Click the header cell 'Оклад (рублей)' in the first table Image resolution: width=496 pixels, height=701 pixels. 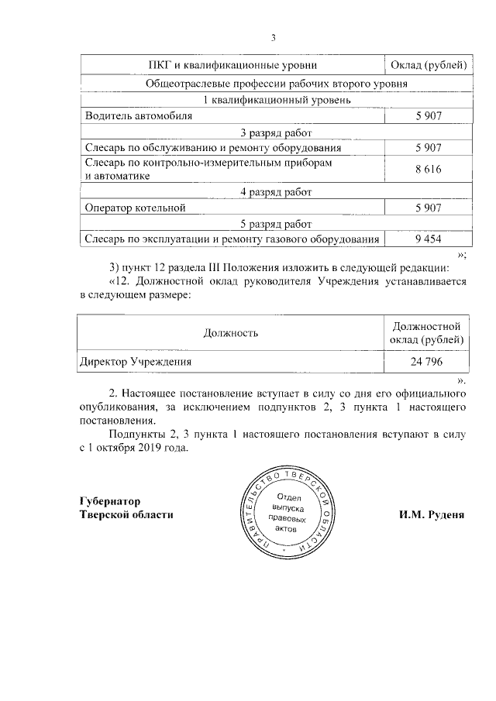(x=428, y=63)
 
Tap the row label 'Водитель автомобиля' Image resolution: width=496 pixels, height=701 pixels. (x=138, y=115)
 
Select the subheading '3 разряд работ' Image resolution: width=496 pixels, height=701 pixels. (x=276, y=132)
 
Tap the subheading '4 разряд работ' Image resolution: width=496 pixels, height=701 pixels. (x=276, y=191)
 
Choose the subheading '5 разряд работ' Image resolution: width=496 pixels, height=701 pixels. (x=276, y=223)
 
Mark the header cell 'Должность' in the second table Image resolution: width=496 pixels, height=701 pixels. (x=231, y=332)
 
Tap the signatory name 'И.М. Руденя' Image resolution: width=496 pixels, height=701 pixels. (x=432, y=514)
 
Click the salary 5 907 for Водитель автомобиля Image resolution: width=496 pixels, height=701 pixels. (x=428, y=115)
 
